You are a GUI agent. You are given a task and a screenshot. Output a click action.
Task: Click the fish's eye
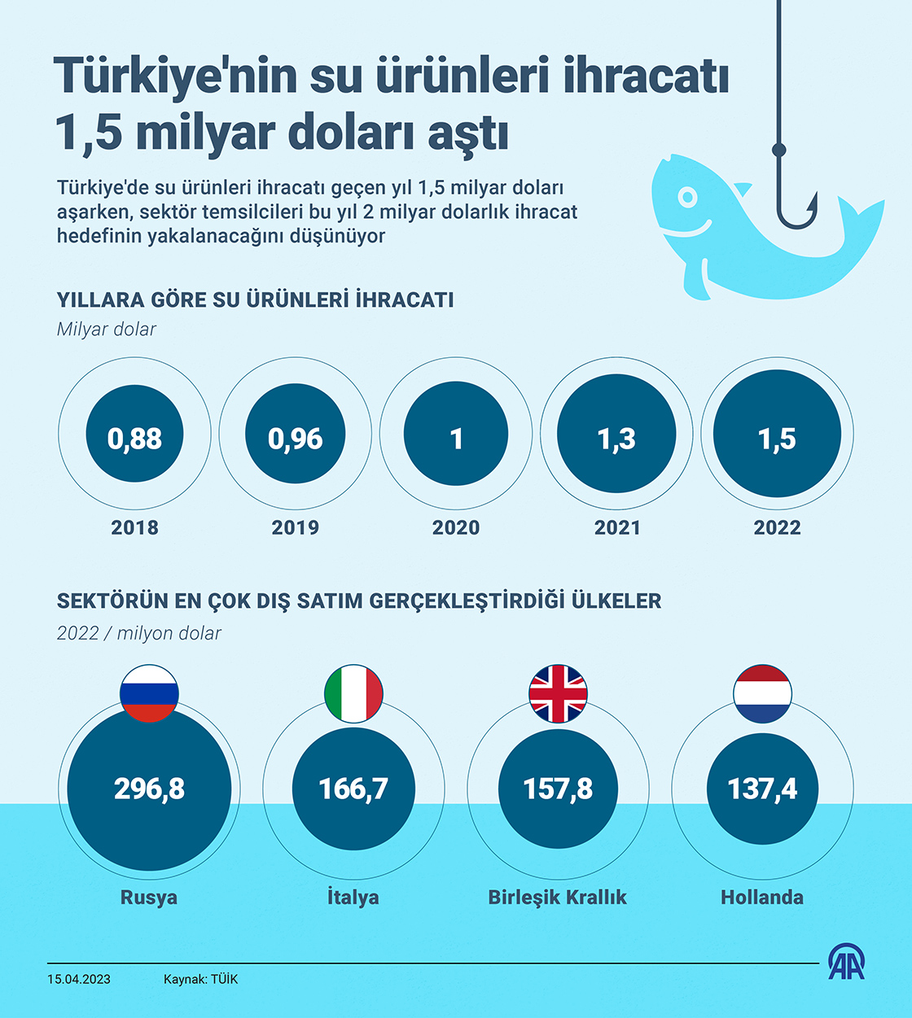tap(688, 197)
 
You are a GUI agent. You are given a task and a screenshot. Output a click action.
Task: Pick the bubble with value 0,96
tap(295, 438)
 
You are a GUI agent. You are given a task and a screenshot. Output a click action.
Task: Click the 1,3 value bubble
tap(616, 438)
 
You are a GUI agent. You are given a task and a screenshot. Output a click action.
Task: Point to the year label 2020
tap(456, 527)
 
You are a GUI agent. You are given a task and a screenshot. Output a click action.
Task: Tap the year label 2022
tap(777, 527)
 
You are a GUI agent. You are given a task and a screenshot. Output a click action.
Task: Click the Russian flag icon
tap(149, 694)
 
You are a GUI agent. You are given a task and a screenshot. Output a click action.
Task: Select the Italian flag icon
tap(353, 694)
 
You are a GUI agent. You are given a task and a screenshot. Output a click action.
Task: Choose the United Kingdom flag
tap(558, 694)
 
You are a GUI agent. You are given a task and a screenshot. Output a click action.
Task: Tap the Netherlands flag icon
tap(762, 694)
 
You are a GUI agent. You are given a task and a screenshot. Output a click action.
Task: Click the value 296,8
tap(149, 789)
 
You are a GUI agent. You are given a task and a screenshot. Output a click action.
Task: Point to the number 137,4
tap(762, 789)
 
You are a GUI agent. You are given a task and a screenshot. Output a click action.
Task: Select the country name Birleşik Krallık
tap(558, 897)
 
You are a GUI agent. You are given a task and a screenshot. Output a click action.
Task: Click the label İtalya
tap(353, 897)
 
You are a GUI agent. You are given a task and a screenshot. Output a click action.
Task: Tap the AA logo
tap(847, 963)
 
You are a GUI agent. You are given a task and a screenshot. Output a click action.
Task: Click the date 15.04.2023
tap(79, 979)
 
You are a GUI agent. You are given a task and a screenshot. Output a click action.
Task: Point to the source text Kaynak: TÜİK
tap(200, 979)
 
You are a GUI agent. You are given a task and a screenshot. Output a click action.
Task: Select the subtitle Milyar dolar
tap(107, 330)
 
